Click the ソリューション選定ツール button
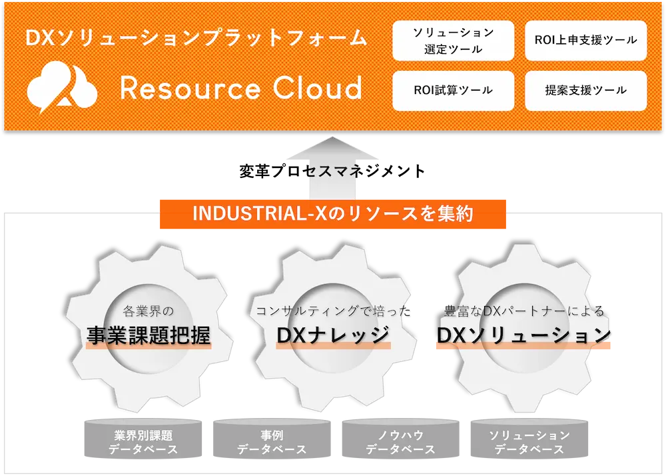[453, 40]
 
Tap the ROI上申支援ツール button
[585, 40]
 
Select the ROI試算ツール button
[453, 90]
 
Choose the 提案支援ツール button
[585, 90]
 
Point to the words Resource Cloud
[241, 89]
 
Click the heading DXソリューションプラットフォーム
[196, 38]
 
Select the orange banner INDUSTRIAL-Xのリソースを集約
[333, 214]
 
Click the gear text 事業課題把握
[149, 336]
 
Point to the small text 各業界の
[149, 311]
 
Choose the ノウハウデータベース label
[400, 442]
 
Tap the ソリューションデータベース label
[529, 442]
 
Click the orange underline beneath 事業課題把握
[149, 347]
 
